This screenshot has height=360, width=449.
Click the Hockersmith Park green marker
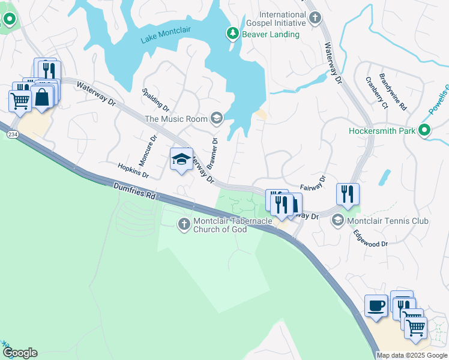pyautogui.click(x=425, y=130)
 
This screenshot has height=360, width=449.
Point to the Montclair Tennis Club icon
pyautogui.click(x=338, y=221)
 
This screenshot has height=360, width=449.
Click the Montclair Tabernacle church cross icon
pyautogui.click(x=184, y=224)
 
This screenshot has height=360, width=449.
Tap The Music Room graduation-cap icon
pyautogui.click(x=217, y=119)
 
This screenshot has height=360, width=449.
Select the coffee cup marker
pyautogui.click(x=376, y=305)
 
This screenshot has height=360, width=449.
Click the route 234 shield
pyautogui.click(x=13, y=135)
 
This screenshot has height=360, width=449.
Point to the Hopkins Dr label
pyautogui.click(x=133, y=171)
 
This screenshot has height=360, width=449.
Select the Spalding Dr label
pyautogui.click(x=156, y=99)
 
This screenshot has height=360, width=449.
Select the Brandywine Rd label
pyautogui.click(x=393, y=91)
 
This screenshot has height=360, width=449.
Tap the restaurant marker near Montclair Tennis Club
pyautogui.click(x=348, y=194)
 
